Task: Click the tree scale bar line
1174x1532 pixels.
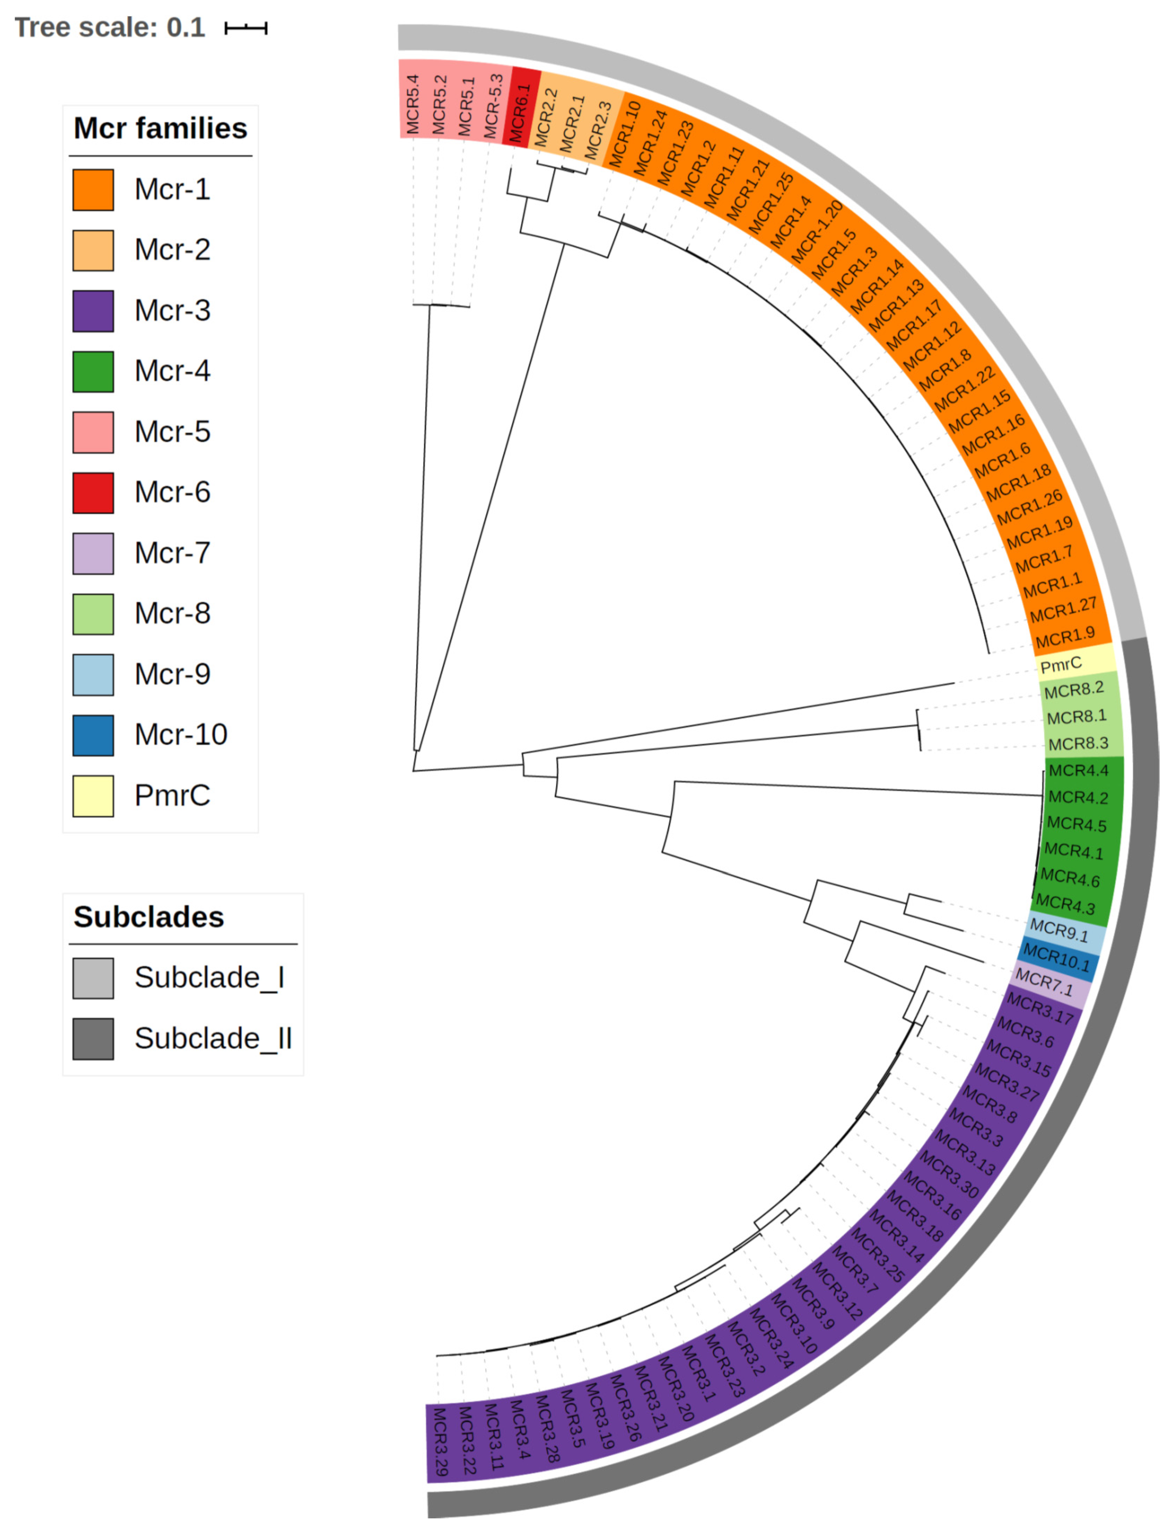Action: click(x=246, y=28)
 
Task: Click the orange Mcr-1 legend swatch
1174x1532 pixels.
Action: click(x=93, y=190)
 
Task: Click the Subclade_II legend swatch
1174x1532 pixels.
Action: click(x=93, y=1038)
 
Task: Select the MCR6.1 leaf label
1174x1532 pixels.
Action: click(x=520, y=114)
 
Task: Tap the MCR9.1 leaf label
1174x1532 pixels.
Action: click(x=1059, y=931)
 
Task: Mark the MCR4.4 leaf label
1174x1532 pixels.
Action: click(x=1078, y=770)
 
